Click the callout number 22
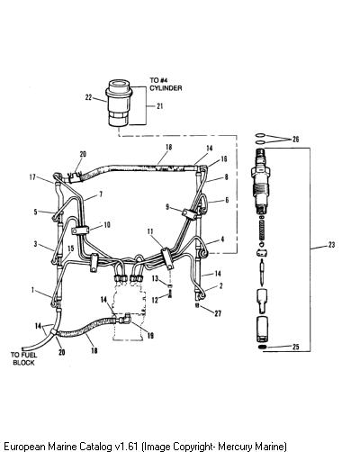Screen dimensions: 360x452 pos(88,97)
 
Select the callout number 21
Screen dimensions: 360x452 pos(160,105)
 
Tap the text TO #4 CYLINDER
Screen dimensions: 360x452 pos(166,84)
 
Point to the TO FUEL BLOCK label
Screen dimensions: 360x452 pos(23,358)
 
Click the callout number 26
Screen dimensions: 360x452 pos(295,139)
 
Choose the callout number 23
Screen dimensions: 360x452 pos(331,245)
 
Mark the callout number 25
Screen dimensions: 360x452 pos(295,347)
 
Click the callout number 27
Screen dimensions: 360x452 pos(218,313)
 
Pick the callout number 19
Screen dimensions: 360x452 pos(150,335)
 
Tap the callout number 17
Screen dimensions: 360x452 pos(32,177)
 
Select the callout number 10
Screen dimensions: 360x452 pos(107,224)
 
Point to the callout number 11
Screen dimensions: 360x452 pos(150,231)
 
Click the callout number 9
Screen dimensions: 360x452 pos(167,207)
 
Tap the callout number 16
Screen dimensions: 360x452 pos(223,158)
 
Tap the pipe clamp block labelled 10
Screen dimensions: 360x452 pos(80,231)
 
